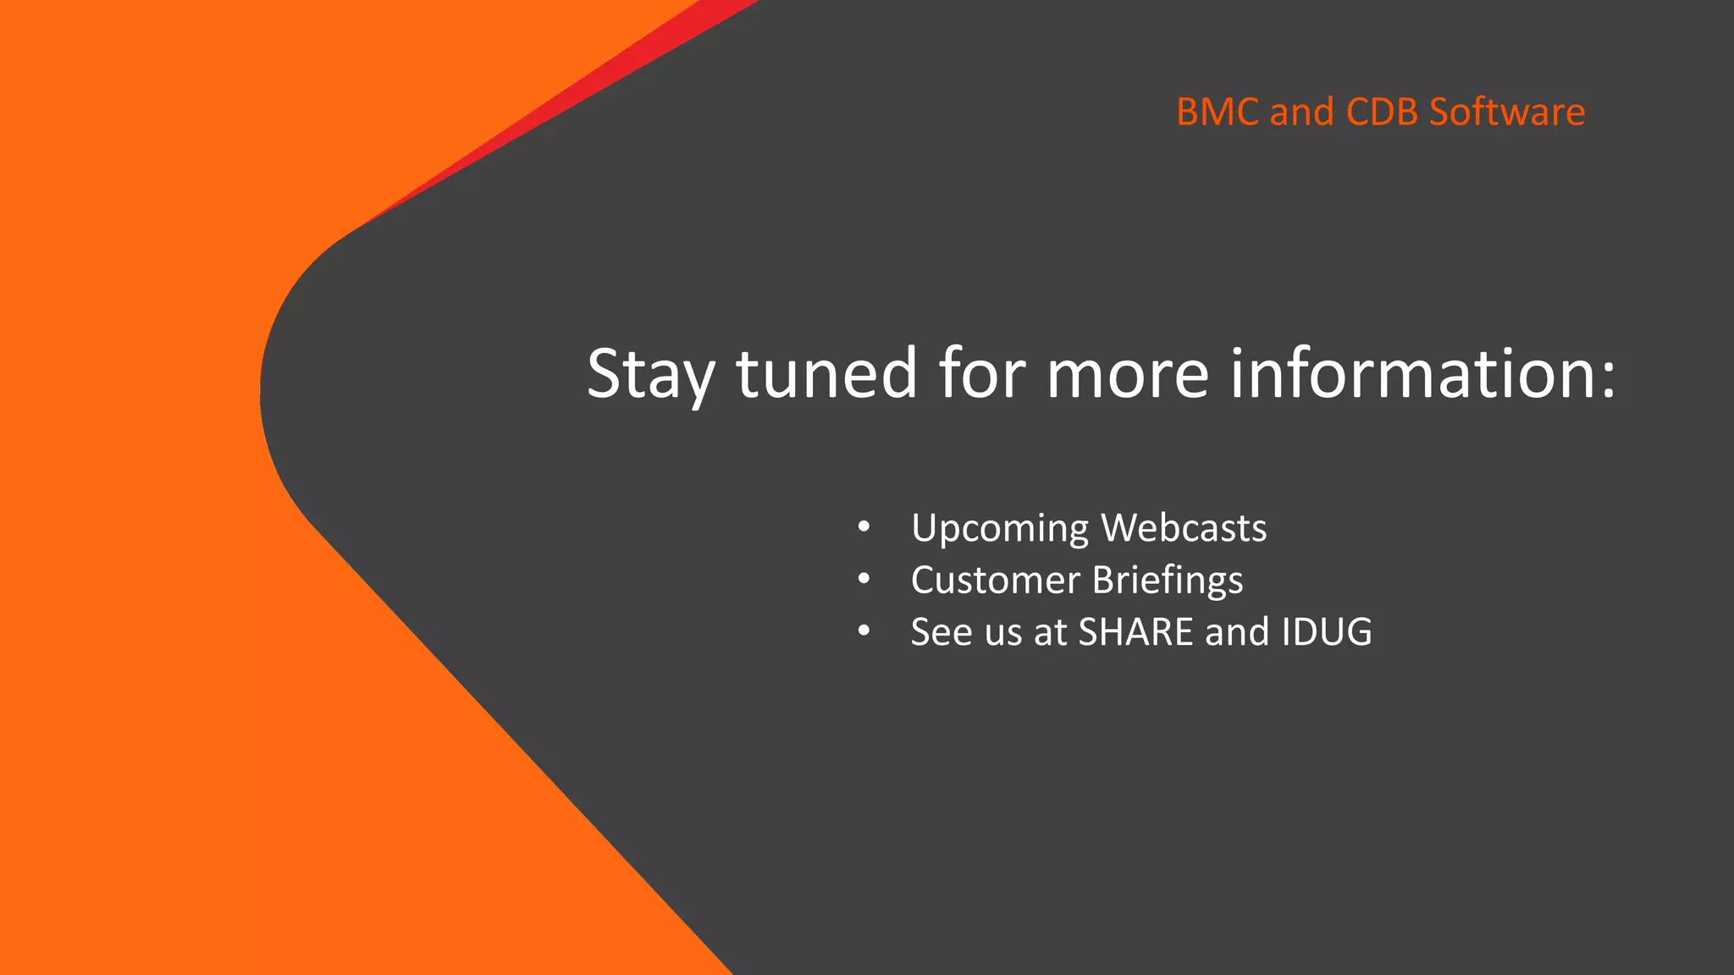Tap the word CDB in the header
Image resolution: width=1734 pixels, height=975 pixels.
tap(1382, 113)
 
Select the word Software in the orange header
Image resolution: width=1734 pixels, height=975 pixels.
tap(1506, 113)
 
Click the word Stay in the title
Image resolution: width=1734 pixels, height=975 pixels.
tap(650, 375)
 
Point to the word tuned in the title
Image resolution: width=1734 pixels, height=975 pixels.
tap(826, 373)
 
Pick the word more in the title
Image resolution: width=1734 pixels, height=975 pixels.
tap(1127, 373)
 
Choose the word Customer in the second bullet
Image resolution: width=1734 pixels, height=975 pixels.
tap(995, 581)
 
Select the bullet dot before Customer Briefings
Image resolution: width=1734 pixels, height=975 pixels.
tap(863, 580)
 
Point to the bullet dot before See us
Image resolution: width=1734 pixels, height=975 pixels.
tap(863, 631)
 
